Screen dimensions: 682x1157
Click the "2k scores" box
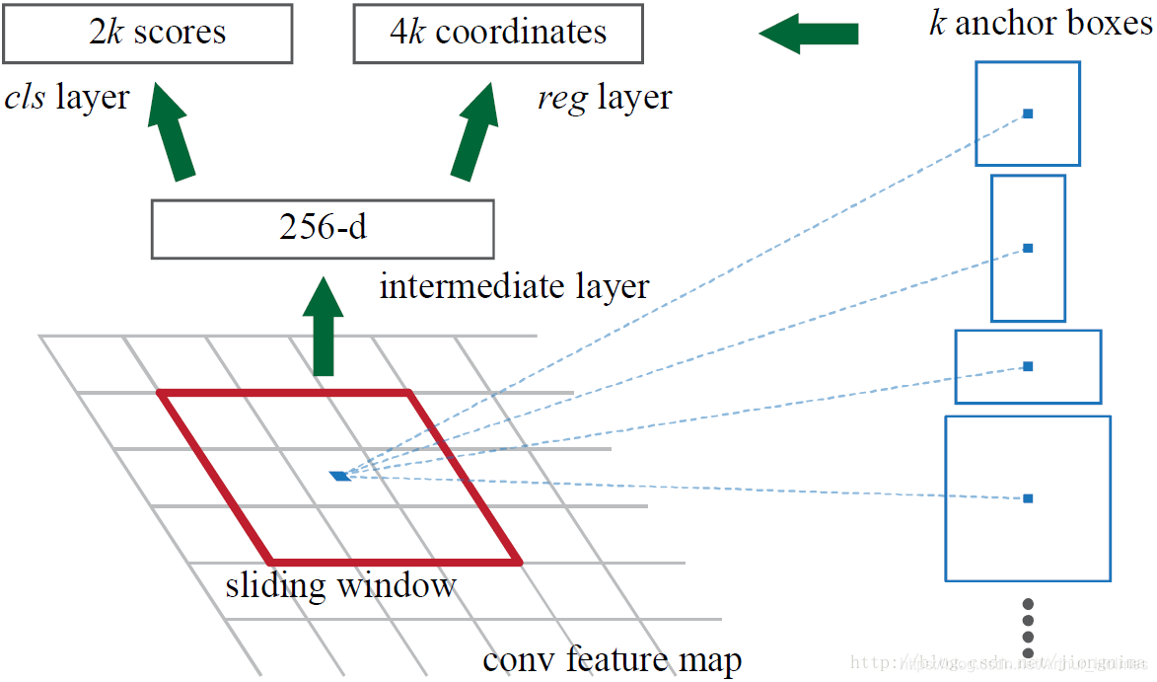(x=148, y=33)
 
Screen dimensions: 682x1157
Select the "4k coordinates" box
(x=498, y=33)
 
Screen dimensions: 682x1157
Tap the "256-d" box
(x=322, y=229)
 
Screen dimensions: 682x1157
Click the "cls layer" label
(x=67, y=97)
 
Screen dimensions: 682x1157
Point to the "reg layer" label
(x=604, y=97)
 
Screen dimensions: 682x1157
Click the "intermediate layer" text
(x=514, y=286)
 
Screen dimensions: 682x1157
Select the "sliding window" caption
(x=340, y=585)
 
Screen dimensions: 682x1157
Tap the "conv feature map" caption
(x=612, y=658)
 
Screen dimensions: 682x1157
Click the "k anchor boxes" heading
(x=1040, y=22)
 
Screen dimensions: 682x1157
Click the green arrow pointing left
(x=808, y=34)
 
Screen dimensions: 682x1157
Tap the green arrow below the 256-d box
(x=323, y=327)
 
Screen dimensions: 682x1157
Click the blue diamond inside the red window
(x=340, y=476)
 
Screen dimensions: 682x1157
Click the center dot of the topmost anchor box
(x=1028, y=114)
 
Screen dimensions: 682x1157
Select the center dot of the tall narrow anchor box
(x=1028, y=248)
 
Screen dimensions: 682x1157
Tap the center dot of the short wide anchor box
(x=1028, y=366)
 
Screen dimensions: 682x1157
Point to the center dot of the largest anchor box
(x=1028, y=498)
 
